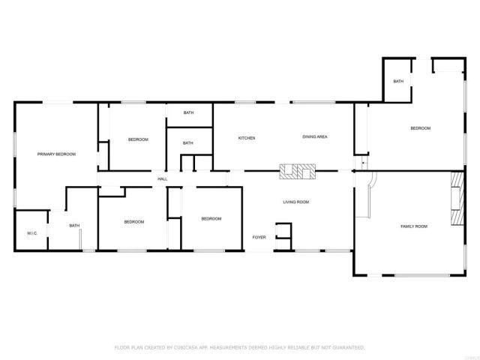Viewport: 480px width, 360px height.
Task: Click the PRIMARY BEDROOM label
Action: (x=57, y=154)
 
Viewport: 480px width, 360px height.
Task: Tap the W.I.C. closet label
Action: (x=32, y=233)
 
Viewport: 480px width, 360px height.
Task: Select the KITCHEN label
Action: (x=247, y=138)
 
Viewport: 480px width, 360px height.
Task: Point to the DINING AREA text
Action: (x=315, y=137)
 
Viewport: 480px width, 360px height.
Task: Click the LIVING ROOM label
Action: (x=295, y=202)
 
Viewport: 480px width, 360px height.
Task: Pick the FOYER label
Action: (x=259, y=237)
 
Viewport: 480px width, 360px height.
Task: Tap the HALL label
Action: (x=162, y=178)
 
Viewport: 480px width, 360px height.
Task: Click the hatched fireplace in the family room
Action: (x=457, y=199)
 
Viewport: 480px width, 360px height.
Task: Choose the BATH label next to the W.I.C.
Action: (x=74, y=226)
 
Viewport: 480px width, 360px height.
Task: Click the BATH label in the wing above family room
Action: (x=398, y=82)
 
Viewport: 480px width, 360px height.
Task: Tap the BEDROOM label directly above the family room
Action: (x=420, y=128)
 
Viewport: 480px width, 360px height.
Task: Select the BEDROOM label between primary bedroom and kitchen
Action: (x=138, y=139)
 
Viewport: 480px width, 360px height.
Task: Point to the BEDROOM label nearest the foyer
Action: (x=211, y=219)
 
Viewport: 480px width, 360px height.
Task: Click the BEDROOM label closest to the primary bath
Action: (x=133, y=221)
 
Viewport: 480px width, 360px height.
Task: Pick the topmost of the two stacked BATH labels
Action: (x=188, y=112)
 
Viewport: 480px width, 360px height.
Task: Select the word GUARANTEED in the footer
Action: (x=347, y=347)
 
